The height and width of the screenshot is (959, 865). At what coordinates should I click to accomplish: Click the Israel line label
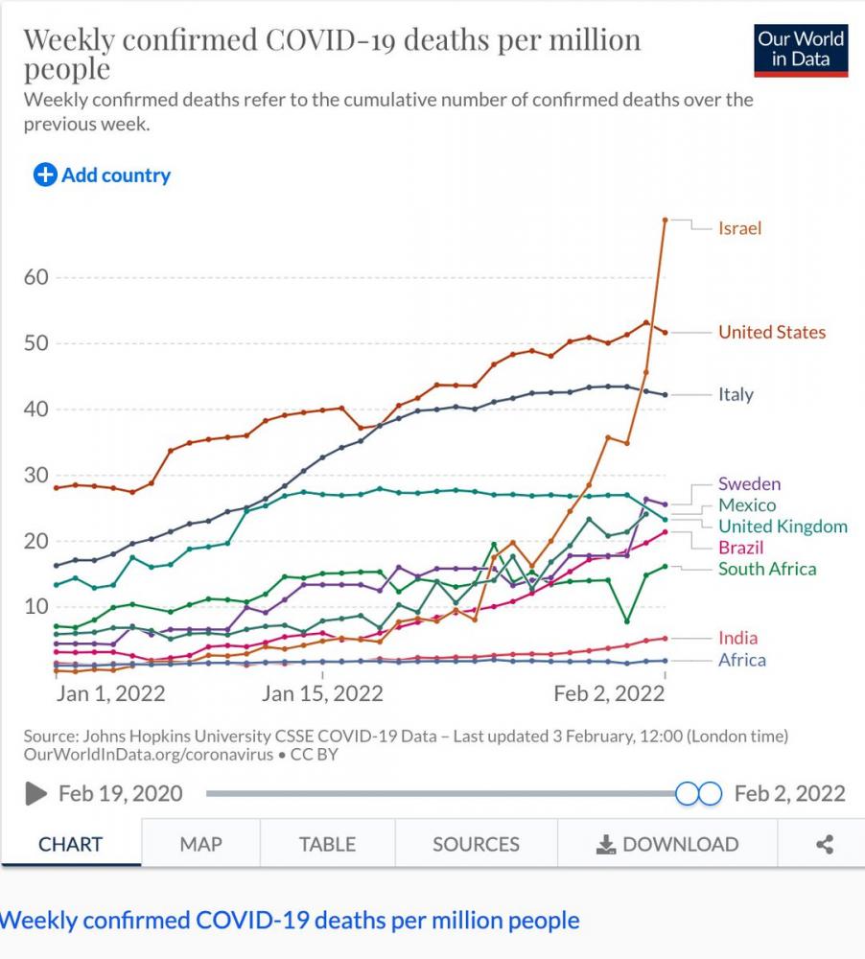tap(739, 228)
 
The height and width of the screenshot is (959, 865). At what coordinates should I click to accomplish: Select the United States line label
tap(771, 332)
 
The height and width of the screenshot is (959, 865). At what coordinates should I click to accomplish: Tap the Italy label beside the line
tap(736, 394)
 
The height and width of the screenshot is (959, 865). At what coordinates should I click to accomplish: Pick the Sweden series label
tap(749, 484)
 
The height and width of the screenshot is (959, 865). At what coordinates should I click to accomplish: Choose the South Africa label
tap(767, 569)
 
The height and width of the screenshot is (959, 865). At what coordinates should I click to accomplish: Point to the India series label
tap(737, 638)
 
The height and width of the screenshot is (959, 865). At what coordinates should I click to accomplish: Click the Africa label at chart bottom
tap(741, 660)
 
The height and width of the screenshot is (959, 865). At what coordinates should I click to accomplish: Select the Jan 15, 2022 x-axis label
tap(321, 693)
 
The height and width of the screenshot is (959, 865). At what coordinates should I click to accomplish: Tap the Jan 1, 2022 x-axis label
tap(110, 693)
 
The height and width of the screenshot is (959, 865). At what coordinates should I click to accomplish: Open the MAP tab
tap(200, 844)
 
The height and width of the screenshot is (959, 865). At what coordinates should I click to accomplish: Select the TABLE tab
tap(327, 844)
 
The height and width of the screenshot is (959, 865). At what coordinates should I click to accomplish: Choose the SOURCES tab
tap(476, 844)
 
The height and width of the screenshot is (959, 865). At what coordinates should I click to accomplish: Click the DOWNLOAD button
tap(667, 844)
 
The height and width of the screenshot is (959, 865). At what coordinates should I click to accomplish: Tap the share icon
tap(824, 844)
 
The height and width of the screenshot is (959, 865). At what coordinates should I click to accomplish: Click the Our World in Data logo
tap(800, 49)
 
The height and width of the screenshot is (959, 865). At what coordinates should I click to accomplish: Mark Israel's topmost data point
tap(665, 220)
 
